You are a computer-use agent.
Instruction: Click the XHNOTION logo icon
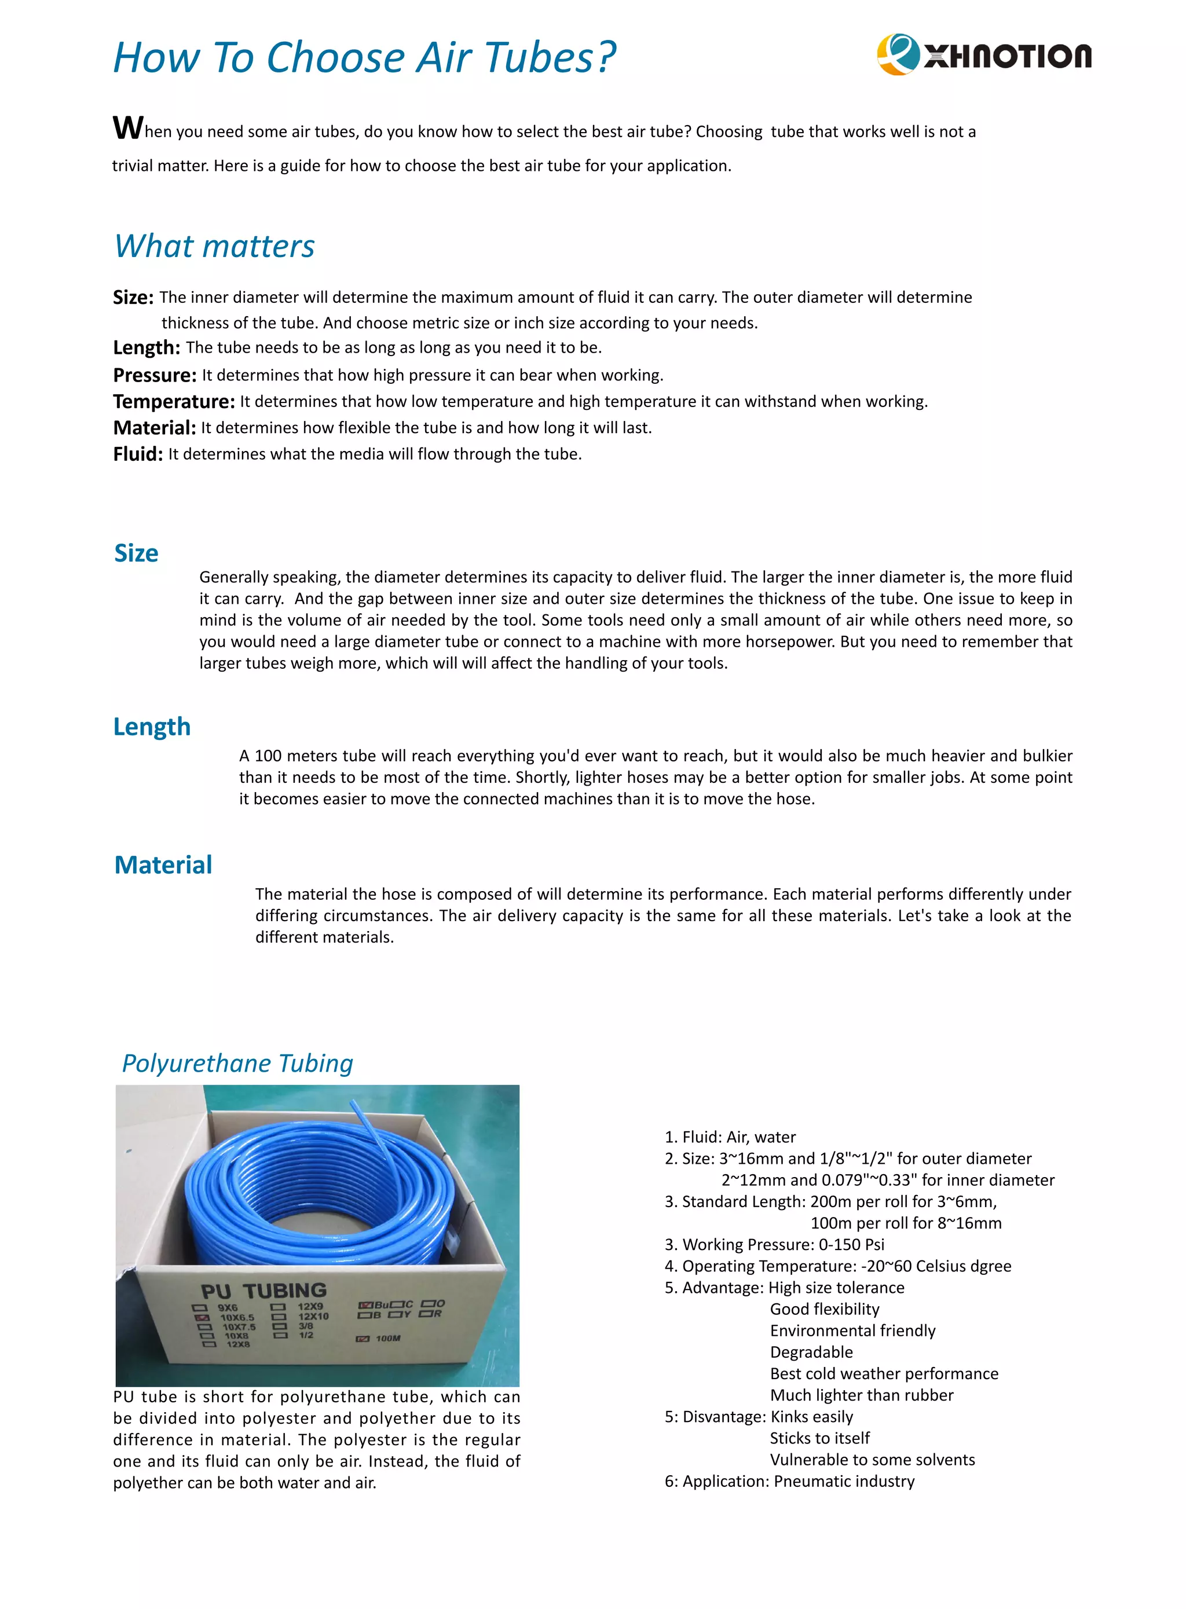[x=898, y=54]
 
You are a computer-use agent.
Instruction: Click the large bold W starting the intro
[x=128, y=128]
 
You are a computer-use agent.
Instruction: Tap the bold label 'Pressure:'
[x=155, y=375]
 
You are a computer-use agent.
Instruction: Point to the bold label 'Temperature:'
[x=174, y=401]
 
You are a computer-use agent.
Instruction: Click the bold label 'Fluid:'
[x=138, y=455]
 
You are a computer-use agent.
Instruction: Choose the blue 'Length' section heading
[x=152, y=726]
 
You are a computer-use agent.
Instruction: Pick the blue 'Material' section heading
[x=163, y=865]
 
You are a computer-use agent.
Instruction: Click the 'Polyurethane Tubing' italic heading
[x=237, y=1063]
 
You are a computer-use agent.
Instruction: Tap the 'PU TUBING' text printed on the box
[x=263, y=1291]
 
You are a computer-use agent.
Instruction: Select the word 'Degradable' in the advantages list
[x=811, y=1352]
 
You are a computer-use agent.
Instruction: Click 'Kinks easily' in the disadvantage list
[x=811, y=1417]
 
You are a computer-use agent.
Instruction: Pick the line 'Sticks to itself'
[x=820, y=1438]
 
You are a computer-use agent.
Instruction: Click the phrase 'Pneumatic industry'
[x=844, y=1481]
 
